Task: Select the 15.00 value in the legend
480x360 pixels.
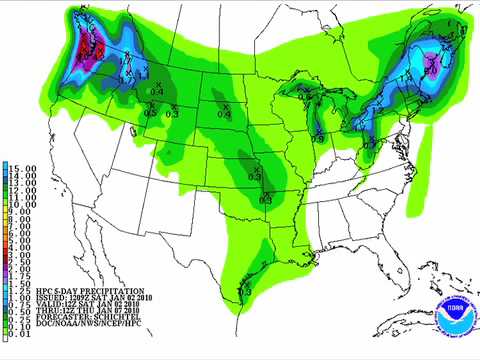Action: click(x=22, y=166)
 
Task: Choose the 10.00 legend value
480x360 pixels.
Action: click(x=22, y=204)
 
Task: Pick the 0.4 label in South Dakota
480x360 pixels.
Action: click(x=225, y=112)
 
